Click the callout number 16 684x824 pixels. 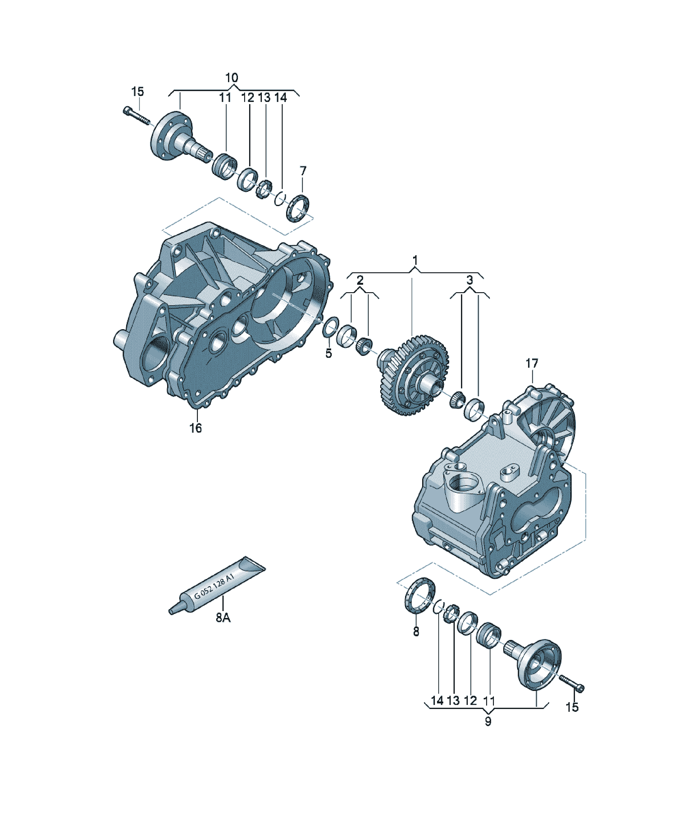(195, 428)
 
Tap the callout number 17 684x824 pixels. (532, 364)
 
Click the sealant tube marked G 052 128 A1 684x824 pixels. (217, 585)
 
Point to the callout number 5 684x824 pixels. (329, 353)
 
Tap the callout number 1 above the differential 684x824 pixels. (415, 260)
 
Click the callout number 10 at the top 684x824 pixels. (232, 78)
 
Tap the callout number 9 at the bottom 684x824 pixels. (488, 721)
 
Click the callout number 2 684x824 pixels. (360, 280)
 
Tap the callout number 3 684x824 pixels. (469, 280)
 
